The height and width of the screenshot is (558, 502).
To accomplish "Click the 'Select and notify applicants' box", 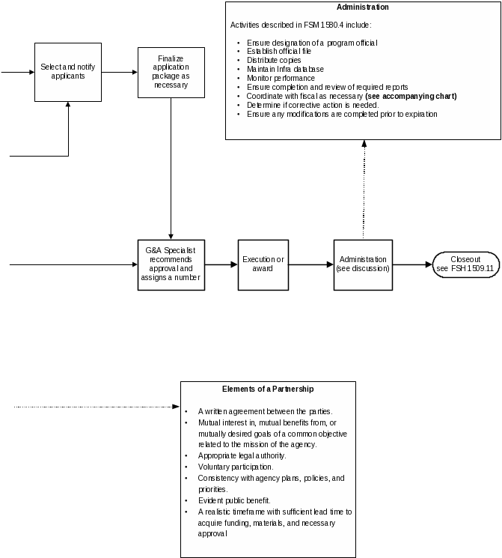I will [x=68, y=72].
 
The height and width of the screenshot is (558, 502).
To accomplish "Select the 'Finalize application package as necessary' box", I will [x=171, y=72].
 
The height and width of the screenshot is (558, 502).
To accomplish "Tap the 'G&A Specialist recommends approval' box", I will [x=171, y=265].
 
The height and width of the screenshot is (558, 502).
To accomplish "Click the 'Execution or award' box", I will [x=263, y=265].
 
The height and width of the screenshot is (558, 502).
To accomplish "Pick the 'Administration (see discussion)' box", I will [x=363, y=265].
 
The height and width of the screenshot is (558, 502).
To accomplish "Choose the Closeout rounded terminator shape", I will [x=466, y=265].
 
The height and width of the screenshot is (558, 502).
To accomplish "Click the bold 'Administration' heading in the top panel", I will [x=363, y=7].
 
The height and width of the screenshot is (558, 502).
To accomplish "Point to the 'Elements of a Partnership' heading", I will [x=268, y=389].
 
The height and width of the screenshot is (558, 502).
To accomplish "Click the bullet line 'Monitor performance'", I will [x=281, y=78].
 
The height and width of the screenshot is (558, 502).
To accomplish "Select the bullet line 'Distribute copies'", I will [x=274, y=60].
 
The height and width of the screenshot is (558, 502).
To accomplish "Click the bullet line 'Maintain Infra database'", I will [x=285, y=69].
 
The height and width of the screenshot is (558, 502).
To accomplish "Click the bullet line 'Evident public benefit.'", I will [x=234, y=500].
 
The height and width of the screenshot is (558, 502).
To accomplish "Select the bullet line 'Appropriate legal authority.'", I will [x=242, y=455].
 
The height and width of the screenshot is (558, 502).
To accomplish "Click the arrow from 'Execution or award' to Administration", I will [x=310, y=265].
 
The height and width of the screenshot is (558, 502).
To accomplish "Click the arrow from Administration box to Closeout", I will [x=412, y=265].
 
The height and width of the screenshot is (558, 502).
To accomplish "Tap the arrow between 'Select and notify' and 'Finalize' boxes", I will [x=119, y=73].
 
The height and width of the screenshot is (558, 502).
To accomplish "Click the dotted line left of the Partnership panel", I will [x=97, y=407].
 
